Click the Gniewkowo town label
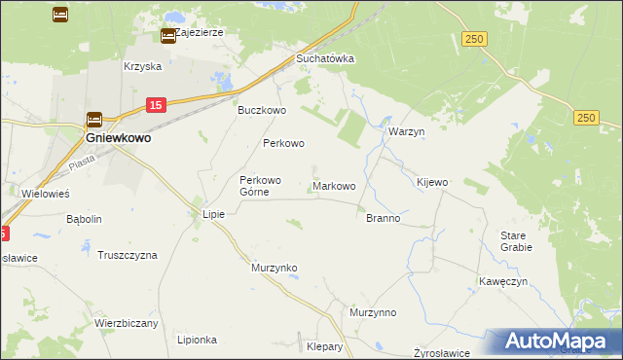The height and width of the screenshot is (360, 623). (x=118, y=138)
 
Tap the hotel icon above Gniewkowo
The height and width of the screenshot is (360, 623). (x=94, y=121)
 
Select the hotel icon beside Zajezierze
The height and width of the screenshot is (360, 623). (x=167, y=36)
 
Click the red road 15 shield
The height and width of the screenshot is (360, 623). (x=156, y=104)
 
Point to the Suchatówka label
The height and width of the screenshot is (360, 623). (x=324, y=58)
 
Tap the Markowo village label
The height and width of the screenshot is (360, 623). (x=334, y=185)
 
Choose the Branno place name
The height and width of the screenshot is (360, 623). (x=383, y=218)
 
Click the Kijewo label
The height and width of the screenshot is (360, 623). (x=432, y=182)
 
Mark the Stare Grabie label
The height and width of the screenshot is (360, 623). (x=516, y=241)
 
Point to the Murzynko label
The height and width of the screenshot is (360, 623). (x=274, y=267)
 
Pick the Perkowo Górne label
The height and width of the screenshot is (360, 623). (x=261, y=186)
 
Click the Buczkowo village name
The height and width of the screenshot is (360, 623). (x=262, y=110)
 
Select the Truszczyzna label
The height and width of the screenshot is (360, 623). (x=128, y=255)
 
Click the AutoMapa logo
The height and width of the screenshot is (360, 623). (x=560, y=342)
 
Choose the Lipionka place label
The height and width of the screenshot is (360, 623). (x=197, y=340)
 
